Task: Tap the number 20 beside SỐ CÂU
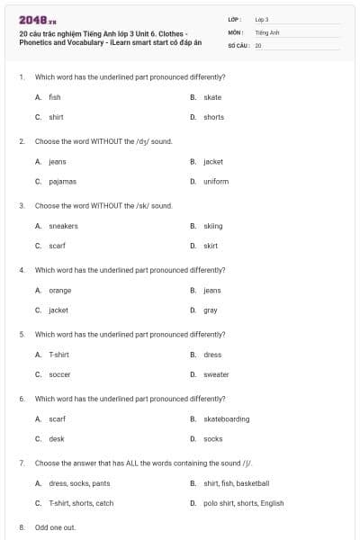click(x=258, y=44)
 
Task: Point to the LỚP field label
click(x=233, y=19)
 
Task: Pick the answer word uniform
click(x=216, y=181)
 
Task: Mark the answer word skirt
click(x=211, y=246)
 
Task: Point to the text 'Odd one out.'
click(x=55, y=526)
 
